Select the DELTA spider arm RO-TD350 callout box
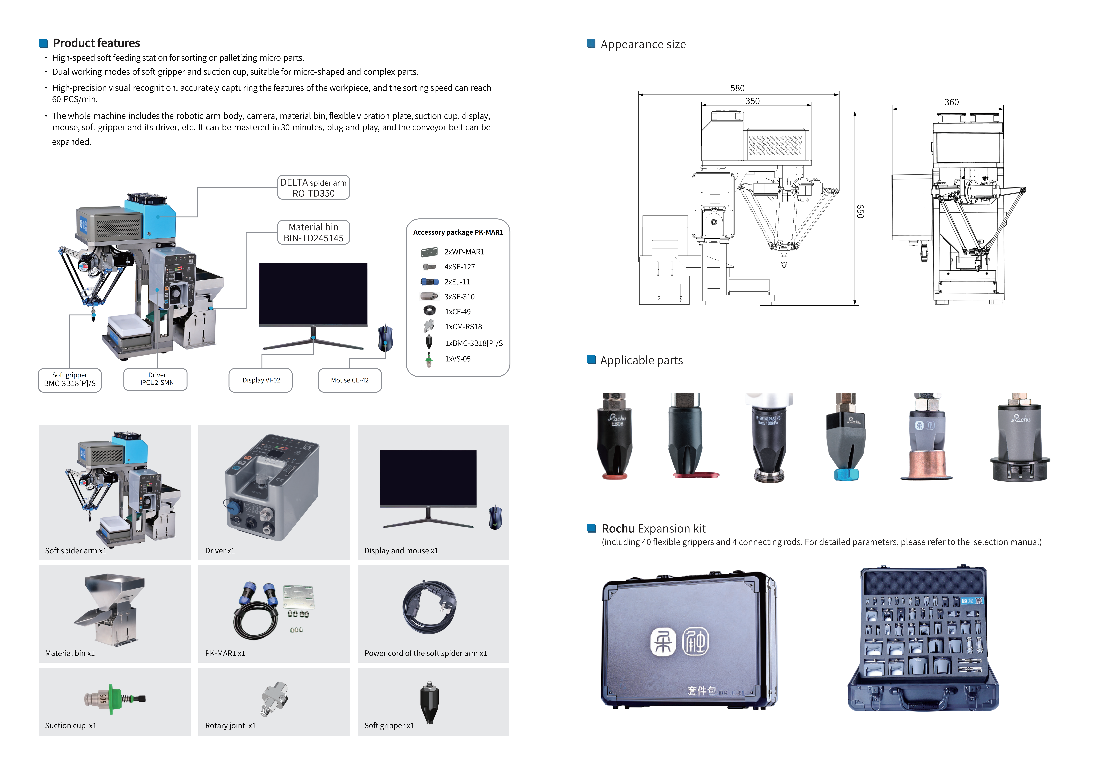tap(313, 188)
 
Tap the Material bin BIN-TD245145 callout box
tap(313, 232)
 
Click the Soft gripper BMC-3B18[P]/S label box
tap(70, 380)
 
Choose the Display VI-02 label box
tap(261, 380)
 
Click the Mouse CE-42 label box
tap(350, 380)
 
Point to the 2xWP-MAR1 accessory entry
tap(464, 252)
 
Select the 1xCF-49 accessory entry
tap(457, 312)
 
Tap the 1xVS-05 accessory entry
tap(457, 359)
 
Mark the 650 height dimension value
tap(860, 211)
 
